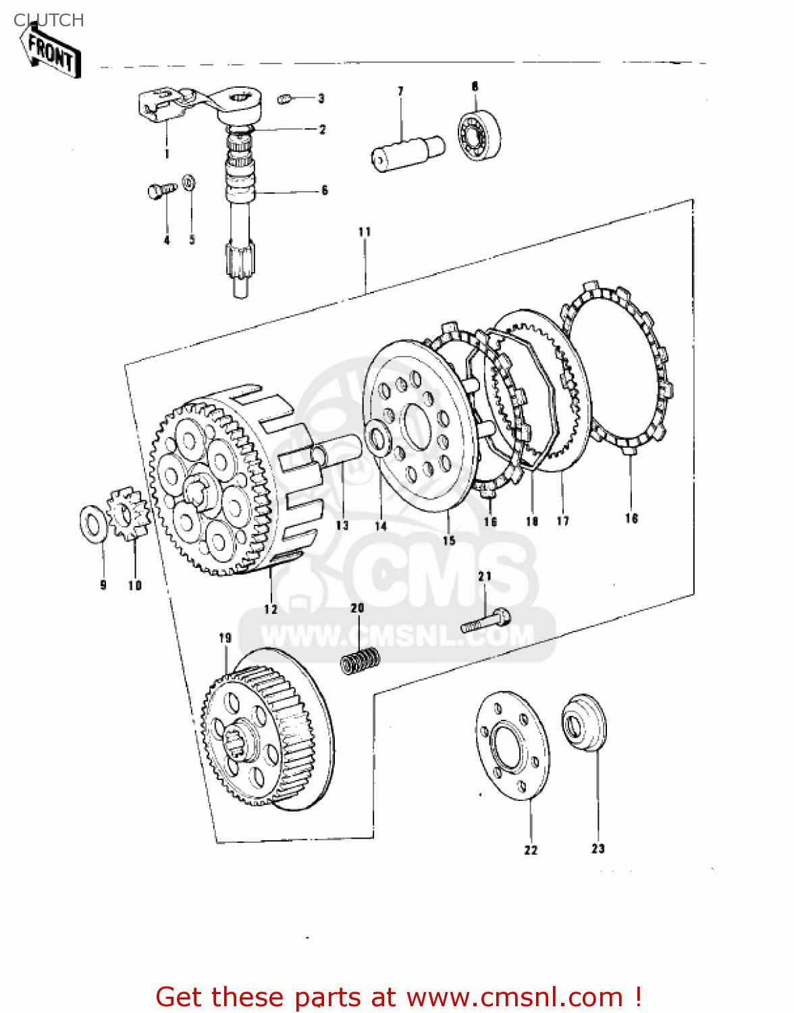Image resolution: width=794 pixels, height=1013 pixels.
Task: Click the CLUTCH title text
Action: coord(49,20)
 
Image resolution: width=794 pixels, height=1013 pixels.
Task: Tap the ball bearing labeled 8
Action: coord(480,133)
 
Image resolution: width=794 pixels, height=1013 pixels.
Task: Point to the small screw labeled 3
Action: coord(284,99)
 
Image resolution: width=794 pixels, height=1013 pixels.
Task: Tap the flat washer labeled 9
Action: coord(93,523)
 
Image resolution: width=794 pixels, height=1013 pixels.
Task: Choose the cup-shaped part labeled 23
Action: coord(584,721)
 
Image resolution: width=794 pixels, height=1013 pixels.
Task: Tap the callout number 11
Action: coord(365,232)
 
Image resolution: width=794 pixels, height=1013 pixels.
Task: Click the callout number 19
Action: coord(225,638)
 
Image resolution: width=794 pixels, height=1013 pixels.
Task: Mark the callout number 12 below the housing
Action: coord(271,609)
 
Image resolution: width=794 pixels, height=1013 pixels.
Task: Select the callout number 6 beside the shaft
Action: coord(325,190)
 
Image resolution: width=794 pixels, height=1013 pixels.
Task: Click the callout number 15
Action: coord(449,540)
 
